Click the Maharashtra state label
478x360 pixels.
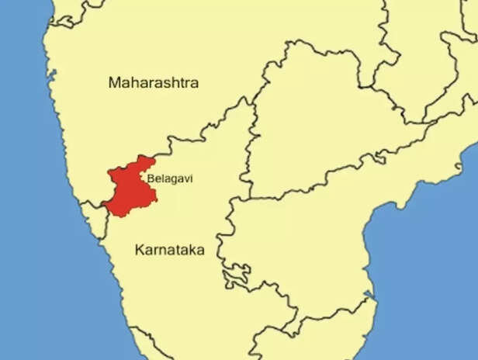coord(154,82)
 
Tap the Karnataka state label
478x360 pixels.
coord(168,250)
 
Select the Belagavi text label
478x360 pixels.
coord(170,178)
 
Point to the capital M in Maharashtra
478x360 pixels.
coord(115,82)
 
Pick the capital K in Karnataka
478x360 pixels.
coord(139,250)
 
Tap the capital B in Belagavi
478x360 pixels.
coord(150,178)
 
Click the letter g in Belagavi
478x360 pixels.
coord(172,180)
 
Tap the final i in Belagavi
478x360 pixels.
coord(191,178)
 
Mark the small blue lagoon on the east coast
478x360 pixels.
coord(372,298)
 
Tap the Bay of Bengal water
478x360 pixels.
coord(435,256)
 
